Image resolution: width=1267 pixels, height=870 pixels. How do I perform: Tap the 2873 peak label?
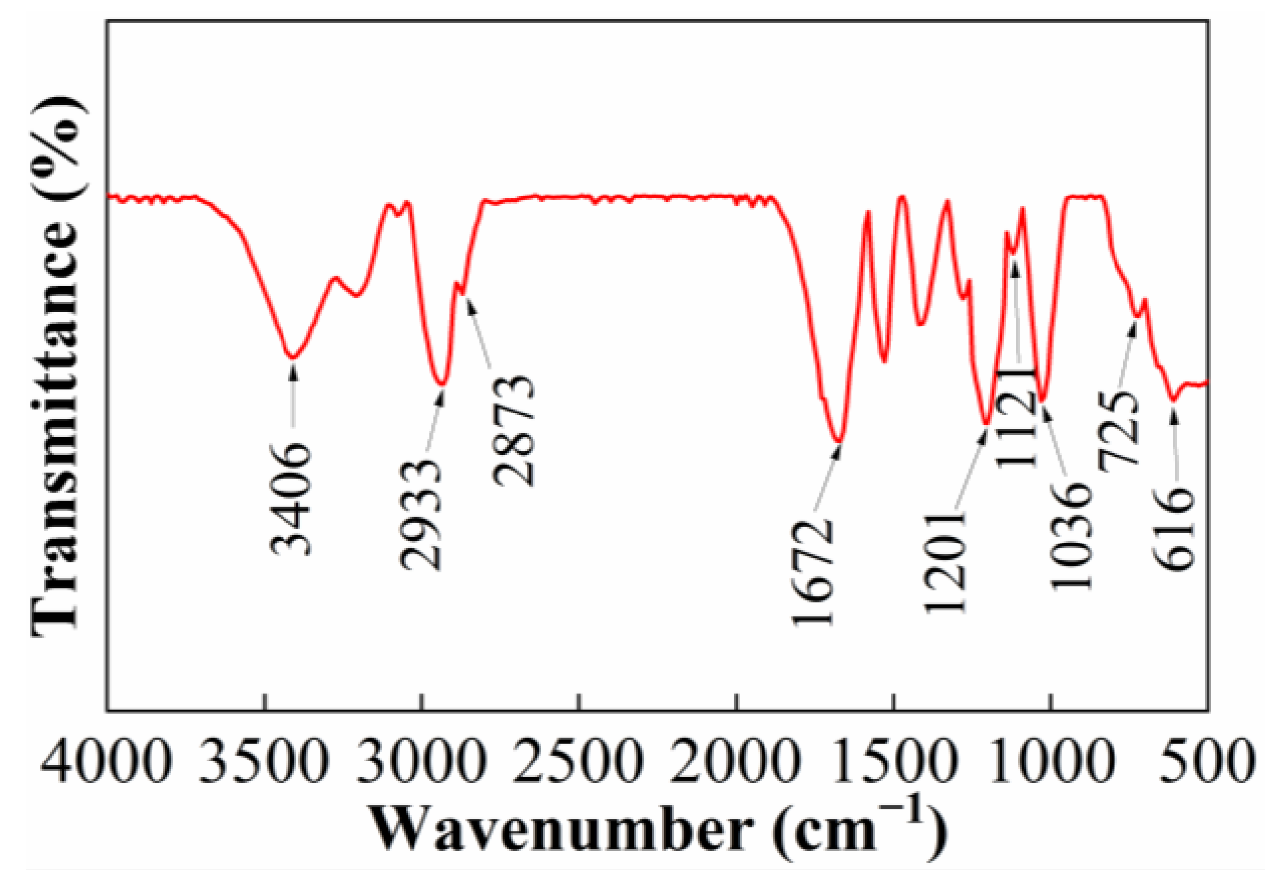tap(513, 431)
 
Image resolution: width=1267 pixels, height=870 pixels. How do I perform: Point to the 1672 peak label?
tap(812, 572)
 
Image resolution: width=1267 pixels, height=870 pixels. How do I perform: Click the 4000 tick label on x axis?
tap(106, 760)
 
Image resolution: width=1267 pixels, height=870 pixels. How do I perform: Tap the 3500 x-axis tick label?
tap(263, 760)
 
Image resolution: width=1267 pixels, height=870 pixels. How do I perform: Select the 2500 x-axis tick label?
tap(578, 760)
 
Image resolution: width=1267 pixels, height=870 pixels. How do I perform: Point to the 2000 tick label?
tap(736, 760)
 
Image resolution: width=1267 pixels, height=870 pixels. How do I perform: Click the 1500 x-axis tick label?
tap(893, 760)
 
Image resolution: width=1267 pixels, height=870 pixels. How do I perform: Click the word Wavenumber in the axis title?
tap(561, 828)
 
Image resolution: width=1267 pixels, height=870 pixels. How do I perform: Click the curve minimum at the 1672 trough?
tap(838, 440)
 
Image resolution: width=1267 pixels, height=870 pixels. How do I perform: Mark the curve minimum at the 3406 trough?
tap(293, 357)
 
